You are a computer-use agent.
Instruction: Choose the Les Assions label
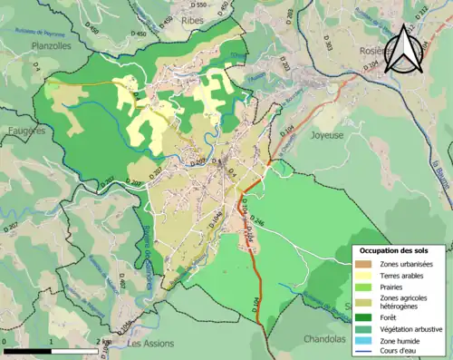(149, 345)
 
